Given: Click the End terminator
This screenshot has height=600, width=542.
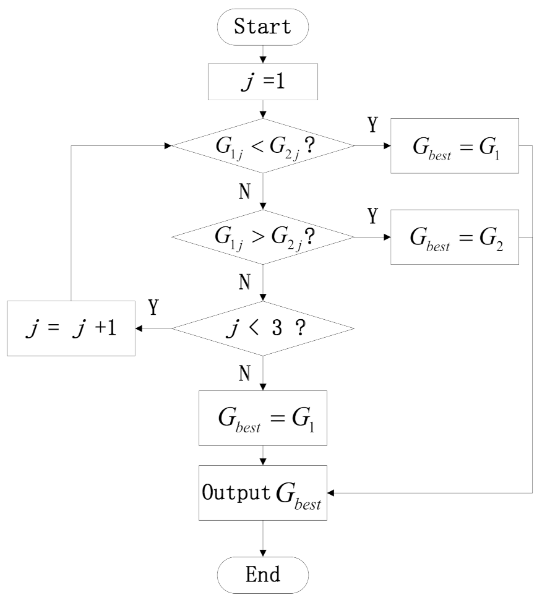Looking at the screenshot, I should [x=264, y=573].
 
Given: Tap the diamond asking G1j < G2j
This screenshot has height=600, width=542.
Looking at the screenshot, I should [x=264, y=147].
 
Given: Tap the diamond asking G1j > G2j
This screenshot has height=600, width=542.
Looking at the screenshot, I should [x=264, y=238].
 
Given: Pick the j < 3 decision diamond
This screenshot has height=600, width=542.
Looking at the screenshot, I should [x=264, y=328].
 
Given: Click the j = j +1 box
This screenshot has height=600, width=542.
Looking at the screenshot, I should [x=71, y=328].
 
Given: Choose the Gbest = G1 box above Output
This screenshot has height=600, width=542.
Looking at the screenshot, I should [x=264, y=419].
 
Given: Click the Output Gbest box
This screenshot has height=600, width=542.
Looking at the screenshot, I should [x=264, y=493].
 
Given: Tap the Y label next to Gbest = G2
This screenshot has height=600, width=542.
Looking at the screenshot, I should [x=372, y=217].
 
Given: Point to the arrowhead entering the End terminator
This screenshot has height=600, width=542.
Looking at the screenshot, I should [x=264, y=553].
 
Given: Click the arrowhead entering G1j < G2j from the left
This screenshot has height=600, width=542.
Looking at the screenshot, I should [x=168, y=147].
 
